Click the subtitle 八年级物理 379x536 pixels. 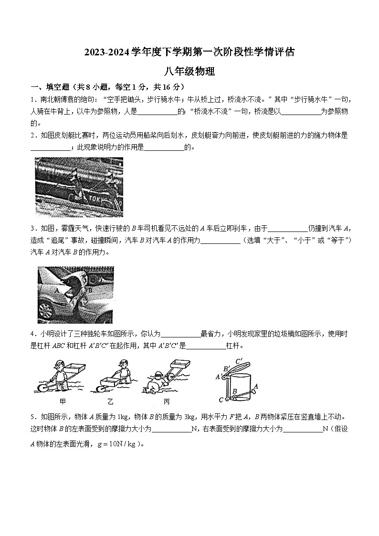189,72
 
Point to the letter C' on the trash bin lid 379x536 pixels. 239,361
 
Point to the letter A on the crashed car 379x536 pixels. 57,290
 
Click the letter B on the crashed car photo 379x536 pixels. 90,290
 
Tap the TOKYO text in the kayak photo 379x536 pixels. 102,196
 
